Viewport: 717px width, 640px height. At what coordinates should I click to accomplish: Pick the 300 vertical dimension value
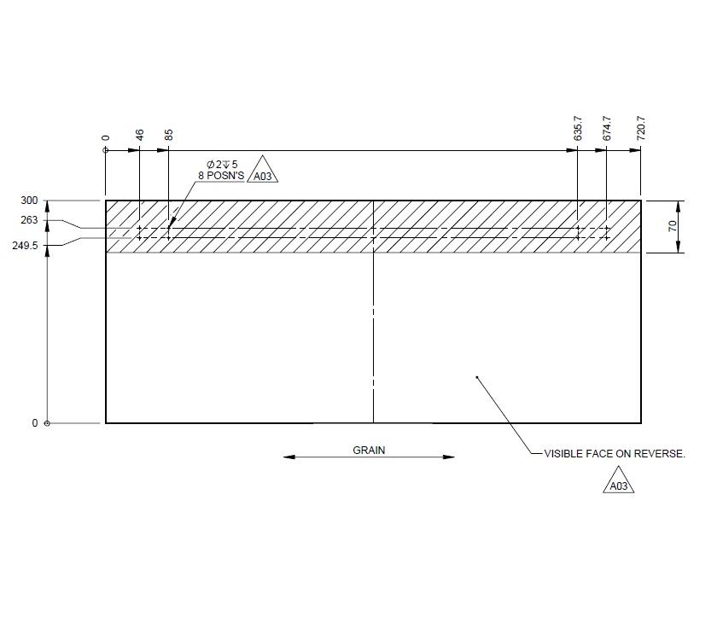pyautogui.click(x=29, y=201)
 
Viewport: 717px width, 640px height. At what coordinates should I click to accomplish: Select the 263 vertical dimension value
pyautogui.click(x=29, y=220)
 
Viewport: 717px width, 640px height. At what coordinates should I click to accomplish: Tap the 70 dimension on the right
pyautogui.click(x=673, y=226)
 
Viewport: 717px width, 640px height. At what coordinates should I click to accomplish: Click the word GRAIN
pyautogui.click(x=369, y=450)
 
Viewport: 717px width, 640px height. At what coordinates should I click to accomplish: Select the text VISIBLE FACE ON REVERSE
pyautogui.click(x=615, y=455)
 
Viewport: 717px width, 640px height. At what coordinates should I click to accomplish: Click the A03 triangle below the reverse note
pyautogui.click(x=621, y=486)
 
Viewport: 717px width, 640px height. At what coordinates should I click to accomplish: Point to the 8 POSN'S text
pyautogui.click(x=221, y=176)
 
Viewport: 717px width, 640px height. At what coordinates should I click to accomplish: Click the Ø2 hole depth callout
pyautogui.click(x=222, y=164)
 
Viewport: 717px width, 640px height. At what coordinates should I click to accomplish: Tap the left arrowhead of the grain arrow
pyautogui.click(x=289, y=457)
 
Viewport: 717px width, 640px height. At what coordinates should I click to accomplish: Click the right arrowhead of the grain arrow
pyautogui.click(x=449, y=457)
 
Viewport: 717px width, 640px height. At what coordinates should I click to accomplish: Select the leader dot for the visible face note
pyautogui.click(x=476, y=376)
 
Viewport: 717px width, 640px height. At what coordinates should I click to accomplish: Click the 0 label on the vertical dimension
pyautogui.click(x=35, y=423)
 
